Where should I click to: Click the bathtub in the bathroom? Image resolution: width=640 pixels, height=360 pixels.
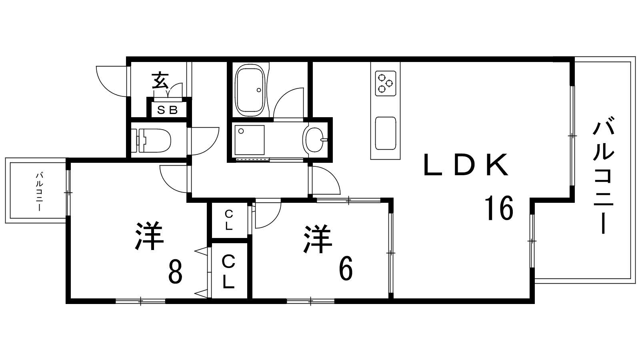point(250,90)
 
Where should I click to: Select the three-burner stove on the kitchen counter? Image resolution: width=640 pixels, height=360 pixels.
point(386,84)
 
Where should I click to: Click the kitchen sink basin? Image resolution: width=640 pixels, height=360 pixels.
point(386,133)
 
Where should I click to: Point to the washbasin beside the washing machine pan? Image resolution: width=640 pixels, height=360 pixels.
point(316,140)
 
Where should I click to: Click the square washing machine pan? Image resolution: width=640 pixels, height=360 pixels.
point(250,140)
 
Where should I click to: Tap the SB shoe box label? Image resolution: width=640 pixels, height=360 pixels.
point(168,110)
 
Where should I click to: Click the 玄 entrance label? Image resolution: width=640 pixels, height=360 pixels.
point(160,81)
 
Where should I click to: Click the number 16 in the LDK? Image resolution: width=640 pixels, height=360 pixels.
point(499,208)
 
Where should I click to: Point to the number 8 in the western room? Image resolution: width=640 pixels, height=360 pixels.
point(175,272)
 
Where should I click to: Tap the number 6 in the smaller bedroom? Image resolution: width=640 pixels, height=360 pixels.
point(346,268)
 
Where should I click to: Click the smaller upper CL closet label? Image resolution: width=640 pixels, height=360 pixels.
point(228,220)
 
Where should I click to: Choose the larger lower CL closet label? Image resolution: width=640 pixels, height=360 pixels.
point(228,272)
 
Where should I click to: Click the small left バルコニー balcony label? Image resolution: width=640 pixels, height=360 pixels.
point(40,192)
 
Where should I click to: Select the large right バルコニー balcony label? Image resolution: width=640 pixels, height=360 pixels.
point(603,178)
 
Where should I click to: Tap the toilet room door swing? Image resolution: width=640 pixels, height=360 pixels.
point(205,142)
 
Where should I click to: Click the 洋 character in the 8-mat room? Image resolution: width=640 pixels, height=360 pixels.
point(150,236)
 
